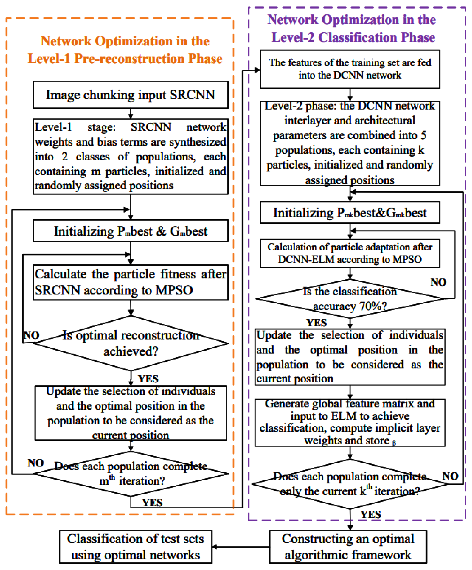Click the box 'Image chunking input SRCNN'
click(130, 95)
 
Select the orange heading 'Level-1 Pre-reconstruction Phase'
click(125, 59)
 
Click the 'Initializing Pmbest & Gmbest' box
click(130, 231)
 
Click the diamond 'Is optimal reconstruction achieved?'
click(131, 343)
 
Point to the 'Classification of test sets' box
click(135, 547)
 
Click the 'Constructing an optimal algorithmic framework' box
click(348, 547)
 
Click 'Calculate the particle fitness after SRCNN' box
click(130, 282)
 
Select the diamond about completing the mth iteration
click(131, 474)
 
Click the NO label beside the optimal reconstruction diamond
click(31, 336)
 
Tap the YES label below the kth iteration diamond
click(370, 515)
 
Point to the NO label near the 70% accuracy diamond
click(438, 282)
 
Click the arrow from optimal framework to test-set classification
click(241, 547)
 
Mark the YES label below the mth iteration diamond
click(152, 503)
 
